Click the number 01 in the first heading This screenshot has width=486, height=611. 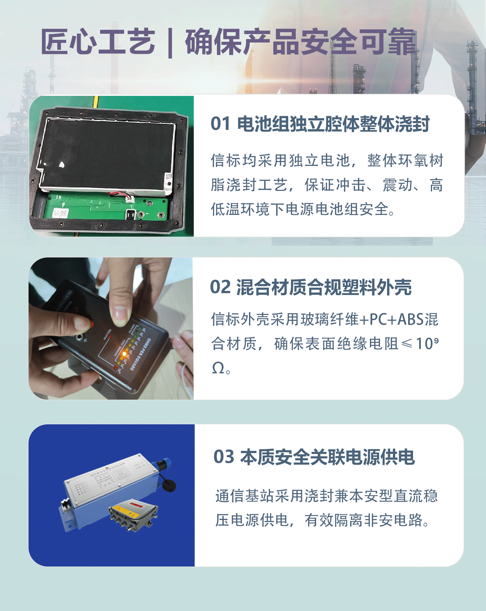pyautogui.click(x=220, y=124)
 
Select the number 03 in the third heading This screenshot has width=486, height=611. pyautogui.click(x=224, y=457)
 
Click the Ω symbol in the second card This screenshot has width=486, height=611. pyautogui.click(x=218, y=368)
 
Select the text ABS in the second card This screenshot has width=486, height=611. pyautogui.click(x=411, y=319)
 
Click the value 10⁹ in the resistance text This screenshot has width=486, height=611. pyautogui.click(x=427, y=343)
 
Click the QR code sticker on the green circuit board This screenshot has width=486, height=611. pyautogui.click(x=60, y=214)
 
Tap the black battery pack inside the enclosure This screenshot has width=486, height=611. pyautogui.click(x=107, y=153)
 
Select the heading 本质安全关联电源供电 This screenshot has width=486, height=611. pyautogui.click(x=327, y=457)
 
